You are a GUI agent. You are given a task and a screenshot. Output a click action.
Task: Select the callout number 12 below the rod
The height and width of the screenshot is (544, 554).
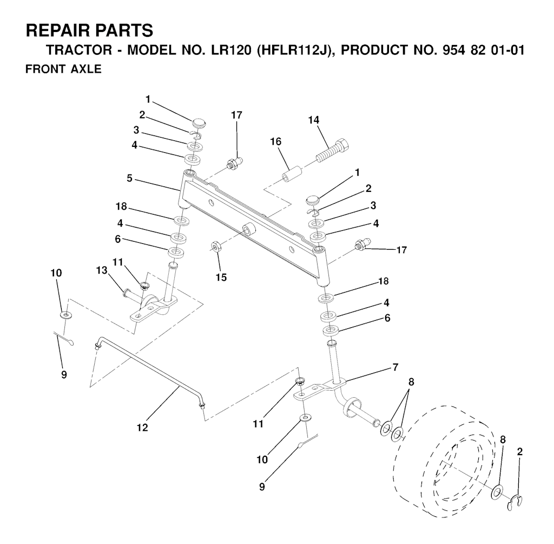pyautogui.click(x=142, y=428)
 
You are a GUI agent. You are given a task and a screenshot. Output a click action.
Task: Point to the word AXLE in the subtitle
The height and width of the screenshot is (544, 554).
pyautogui.click(x=85, y=70)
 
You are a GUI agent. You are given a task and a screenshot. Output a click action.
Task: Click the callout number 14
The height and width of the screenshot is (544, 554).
pyautogui.click(x=314, y=120)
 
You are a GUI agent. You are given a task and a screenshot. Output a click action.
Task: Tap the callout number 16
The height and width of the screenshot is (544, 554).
pyautogui.click(x=276, y=142)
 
